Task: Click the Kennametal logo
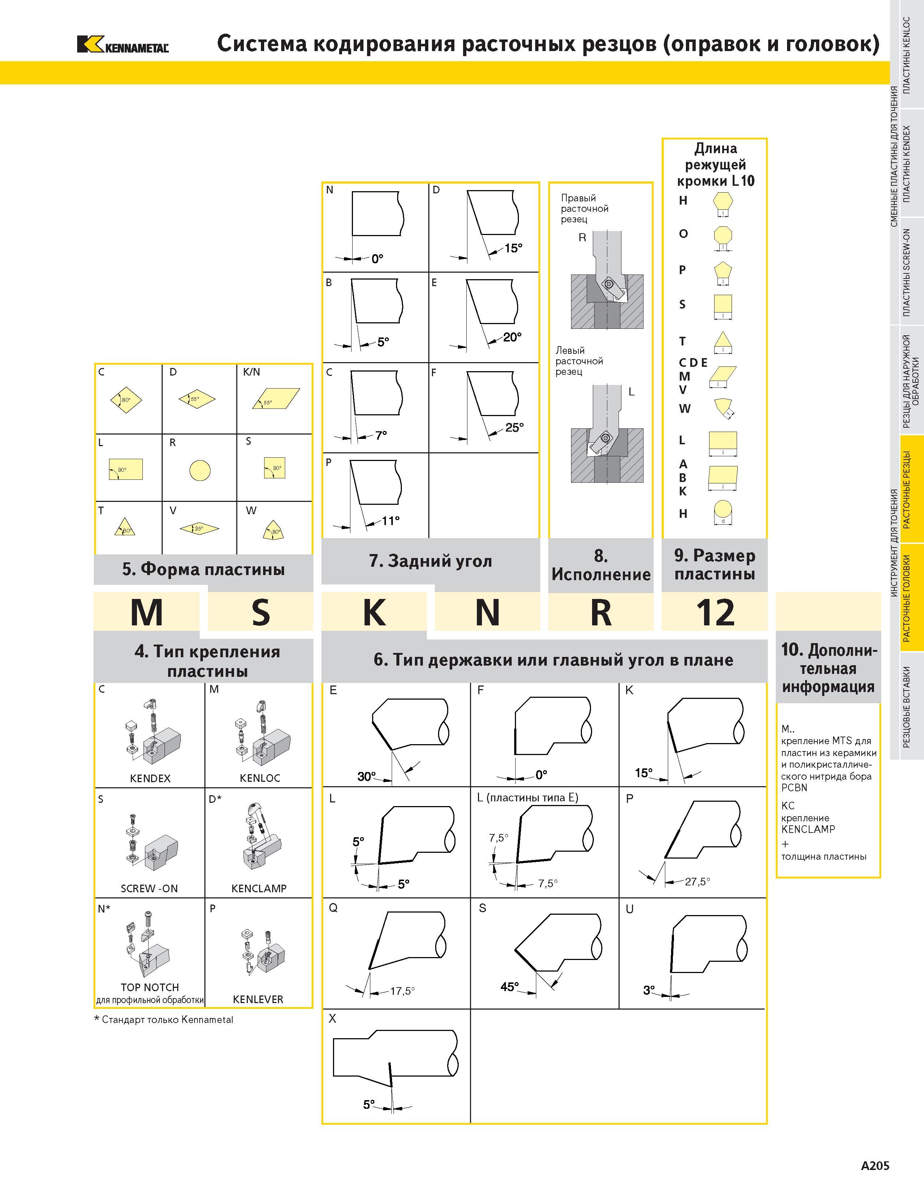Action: (122, 44)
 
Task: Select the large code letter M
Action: (147, 612)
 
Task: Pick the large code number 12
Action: (715, 612)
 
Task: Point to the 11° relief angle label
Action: (390, 520)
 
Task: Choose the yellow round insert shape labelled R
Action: (200, 470)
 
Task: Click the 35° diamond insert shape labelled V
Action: (199, 529)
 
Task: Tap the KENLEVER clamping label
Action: (258, 1000)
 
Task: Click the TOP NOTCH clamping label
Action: (149, 988)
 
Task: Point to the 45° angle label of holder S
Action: (509, 986)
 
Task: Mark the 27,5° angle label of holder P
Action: (698, 881)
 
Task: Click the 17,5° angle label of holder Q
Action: (402, 991)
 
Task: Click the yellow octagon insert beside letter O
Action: (723, 236)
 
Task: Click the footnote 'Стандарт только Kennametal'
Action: (164, 1020)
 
